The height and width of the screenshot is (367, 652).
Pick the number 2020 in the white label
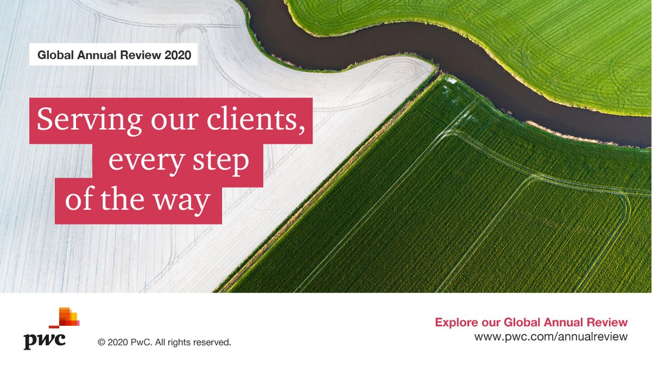click(178, 55)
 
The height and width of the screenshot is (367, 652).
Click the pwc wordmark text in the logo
click(45, 340)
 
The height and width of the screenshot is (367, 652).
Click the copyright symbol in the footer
click(101, 343)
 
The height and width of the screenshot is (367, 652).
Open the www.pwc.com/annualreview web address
click(551, 337)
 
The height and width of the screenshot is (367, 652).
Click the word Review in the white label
click(141, 55)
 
